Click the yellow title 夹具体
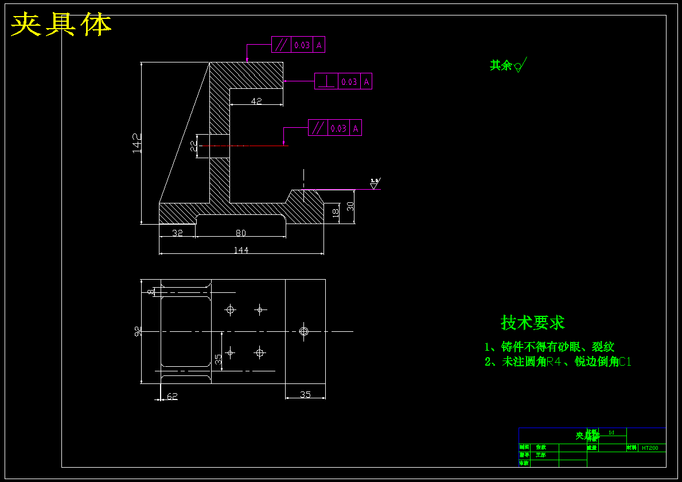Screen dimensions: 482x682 tap(61, 25)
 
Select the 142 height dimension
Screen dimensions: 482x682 tap(137, 143)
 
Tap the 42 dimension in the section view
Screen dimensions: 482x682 tap(256, 101)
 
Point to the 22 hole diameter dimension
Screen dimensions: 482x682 tap(193, 146)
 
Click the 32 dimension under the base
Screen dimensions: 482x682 tap(177, 233)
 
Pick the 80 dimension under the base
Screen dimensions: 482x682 tap(241, 233)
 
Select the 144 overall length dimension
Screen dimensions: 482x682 tap(241, 250)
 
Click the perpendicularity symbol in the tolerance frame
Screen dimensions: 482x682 tap(326, 82)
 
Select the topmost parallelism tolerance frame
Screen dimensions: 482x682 tap(298, 45)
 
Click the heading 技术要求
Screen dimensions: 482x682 tap(533, 323)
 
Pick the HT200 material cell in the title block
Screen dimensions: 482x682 tap(650, 448)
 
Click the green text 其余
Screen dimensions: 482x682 tap(500, 65)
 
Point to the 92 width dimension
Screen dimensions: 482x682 tap(138, 331)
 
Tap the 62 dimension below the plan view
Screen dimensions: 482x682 tap(172, 396)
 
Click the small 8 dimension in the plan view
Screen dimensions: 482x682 tap(151, 292)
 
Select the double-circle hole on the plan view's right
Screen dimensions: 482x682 tap(304, 331)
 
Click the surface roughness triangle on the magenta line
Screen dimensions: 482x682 tap(374, 185)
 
